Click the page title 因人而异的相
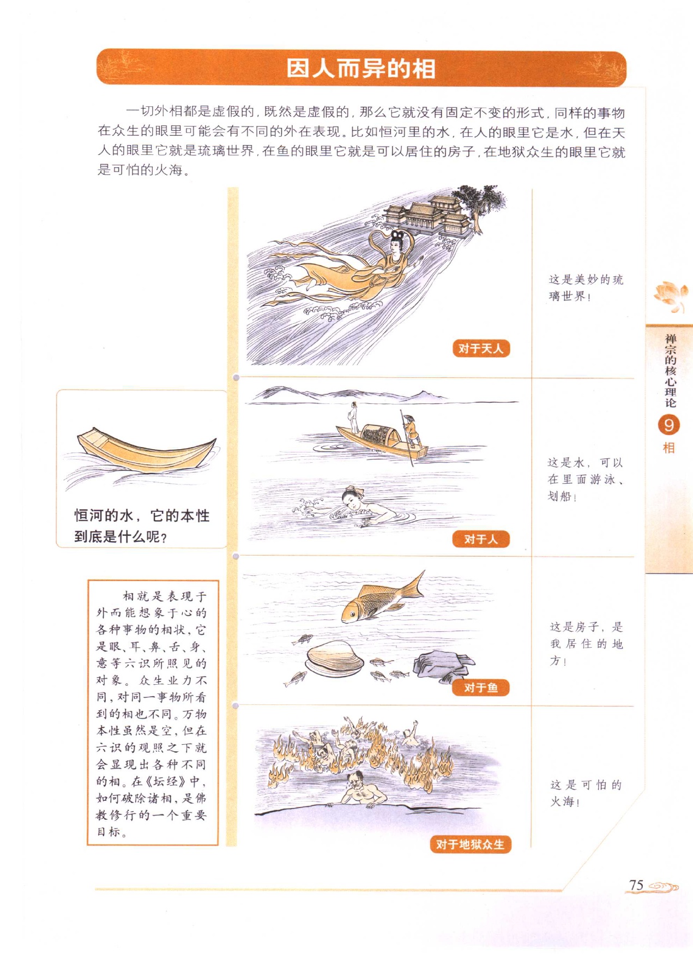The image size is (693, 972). pyautogui.click(x=361, y=69)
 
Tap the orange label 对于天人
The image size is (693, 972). pyautogui.click(x=481, y=348)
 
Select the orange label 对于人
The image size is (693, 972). pyautogui.click(x=481, y=539)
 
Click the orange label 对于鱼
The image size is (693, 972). pyautogui.click(x=481, y=688)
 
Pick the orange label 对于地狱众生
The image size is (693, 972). pyautogui.click(x=471, y=844)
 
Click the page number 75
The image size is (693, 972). pyautogui.click(x=636, y=885)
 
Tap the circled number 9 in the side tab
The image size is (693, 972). pyautogui.click(x=669, y=425)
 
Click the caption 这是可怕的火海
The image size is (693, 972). pyautogui.click(x=586, y=793)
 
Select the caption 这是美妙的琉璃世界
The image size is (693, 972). pyautogui.click(x=586, y=288)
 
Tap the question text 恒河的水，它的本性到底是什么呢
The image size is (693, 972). pyautogui.click(x=142, y=526)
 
